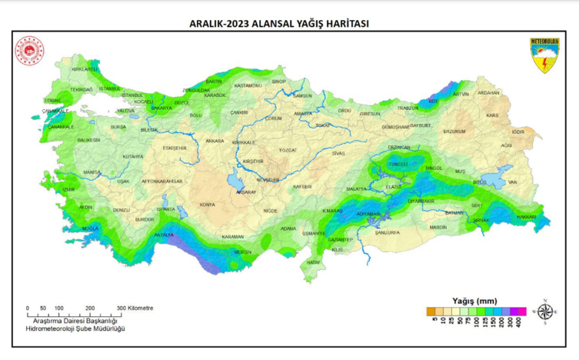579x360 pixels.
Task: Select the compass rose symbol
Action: (545, 312)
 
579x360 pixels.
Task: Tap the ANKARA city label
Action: (215, 141)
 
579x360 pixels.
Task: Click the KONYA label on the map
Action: (207, 205)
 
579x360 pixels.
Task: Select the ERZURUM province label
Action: (454, 131)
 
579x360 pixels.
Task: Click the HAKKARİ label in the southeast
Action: (525, 217)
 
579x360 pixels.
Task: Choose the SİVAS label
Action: (338, 153)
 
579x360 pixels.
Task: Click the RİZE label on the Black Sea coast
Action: (433, 101)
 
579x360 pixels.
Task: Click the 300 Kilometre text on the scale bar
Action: (135, 308)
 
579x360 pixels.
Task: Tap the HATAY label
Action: (313, 262)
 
